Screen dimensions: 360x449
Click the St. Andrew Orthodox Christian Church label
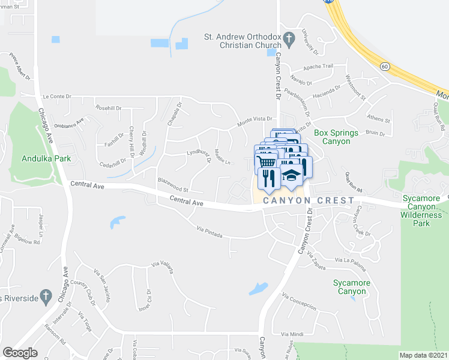pyautogui.click(x=242, y=41)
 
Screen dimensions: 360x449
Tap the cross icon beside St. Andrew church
pyautogui.click(x=289, y=41)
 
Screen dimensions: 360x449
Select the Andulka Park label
pyautogui.click(x=46, y=158)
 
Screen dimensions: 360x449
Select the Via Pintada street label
pyautogui.click(x=209, y=230)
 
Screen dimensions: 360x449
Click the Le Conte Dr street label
pyautogui.click(x=57, y=96)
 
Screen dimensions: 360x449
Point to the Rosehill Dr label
pyautogui.click(x=108, y=108)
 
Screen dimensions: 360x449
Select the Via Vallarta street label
pyautogui.click(x=163, y=266)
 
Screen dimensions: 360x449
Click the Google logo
pyautogui.click(x=20, y=353)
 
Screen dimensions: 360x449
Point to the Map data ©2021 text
pyautogui.click(x=423, y=355)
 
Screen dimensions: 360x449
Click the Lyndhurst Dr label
pyautogui.click(x=201, y=156)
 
